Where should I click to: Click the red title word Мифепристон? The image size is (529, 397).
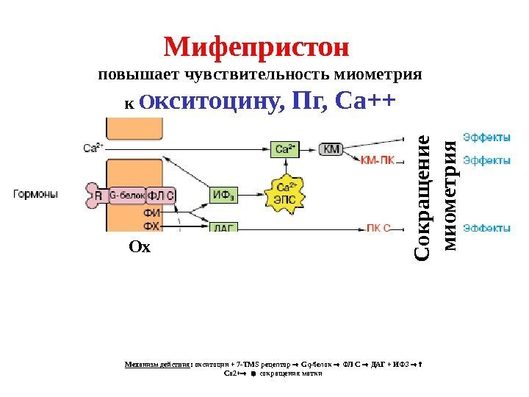(x=256, y=49)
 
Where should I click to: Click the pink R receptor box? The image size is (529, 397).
(x=98, y=196)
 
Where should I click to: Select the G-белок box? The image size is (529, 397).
(x=127, y=196)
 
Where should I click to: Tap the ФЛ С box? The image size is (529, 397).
(x=162, y=196)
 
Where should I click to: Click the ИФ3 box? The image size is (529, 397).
(x=223, y=195)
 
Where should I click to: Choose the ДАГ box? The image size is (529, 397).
(x=223, y=228)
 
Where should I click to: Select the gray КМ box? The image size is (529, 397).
(x=331, y=149)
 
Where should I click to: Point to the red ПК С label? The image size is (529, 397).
(x=379, y=228)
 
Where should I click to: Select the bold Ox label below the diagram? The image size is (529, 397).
(x=139, y=247)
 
